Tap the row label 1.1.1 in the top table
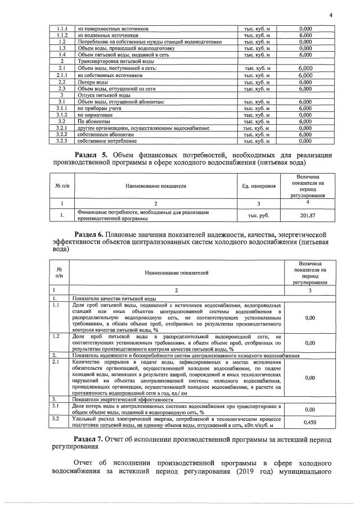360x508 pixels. (63, 29)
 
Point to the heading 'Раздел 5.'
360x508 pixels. (92, 155)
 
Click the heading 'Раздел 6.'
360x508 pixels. (92, 233)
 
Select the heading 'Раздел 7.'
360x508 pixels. (92, 438)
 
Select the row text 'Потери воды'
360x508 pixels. (93, 81)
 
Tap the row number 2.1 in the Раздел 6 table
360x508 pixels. (56, 362)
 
